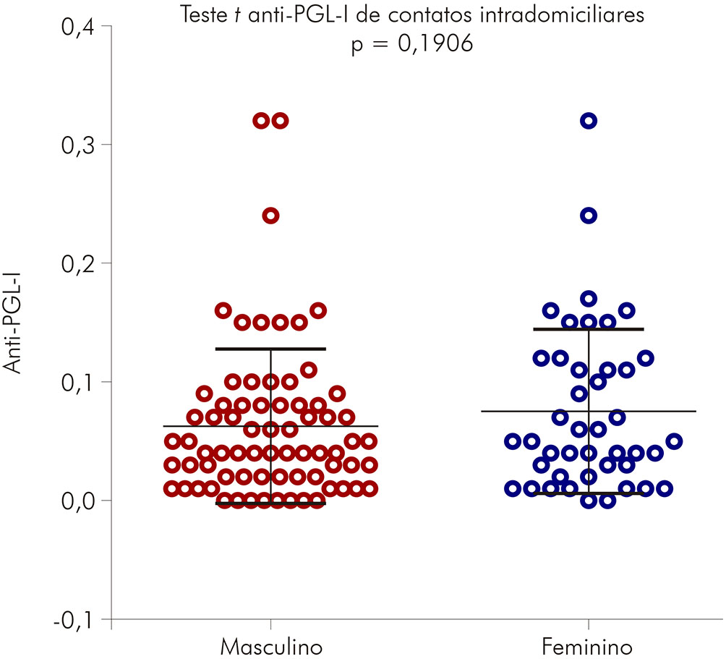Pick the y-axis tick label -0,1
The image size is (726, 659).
click(x=72, y=619)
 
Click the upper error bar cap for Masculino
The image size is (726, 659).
click(x=270, y=349)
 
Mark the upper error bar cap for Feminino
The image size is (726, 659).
click(x=589, y=329)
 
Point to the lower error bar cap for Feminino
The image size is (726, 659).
click(x=589, y=493)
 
